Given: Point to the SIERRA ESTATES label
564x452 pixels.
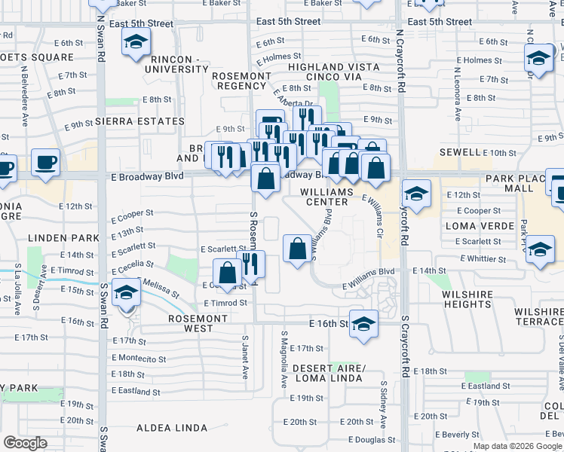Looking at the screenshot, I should (136, 121).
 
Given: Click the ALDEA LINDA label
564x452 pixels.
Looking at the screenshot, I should (172, 428).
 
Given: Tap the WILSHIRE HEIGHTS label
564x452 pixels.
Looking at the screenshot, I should (468, 299).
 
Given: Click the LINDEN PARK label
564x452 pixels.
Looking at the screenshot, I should (64, 238).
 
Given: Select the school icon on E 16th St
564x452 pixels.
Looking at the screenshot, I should (363, 322).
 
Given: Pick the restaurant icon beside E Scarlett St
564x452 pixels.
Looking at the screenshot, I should (250, 264).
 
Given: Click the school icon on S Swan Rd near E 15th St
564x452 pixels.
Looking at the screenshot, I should (126, 292).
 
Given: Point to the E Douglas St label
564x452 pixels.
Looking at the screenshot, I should (372, 439).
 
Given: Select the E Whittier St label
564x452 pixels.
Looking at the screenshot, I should (485, 258).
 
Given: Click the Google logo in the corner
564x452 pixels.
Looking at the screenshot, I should (25, 442).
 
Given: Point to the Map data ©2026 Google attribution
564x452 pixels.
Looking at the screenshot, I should (516, 446).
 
